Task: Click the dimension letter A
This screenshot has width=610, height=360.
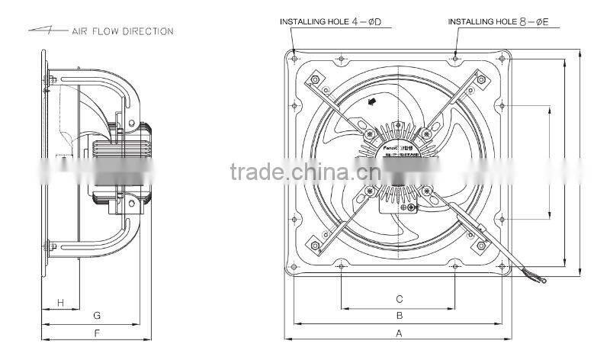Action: tap(398, 333)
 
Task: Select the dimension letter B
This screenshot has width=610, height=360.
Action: tap(398, 315)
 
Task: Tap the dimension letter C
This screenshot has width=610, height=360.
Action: tap(398, 298)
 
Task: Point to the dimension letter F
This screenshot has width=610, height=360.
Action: tap(96, 333)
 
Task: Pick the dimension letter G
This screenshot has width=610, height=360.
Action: tap(96, 315)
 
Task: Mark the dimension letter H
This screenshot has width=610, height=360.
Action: tap(59, 303)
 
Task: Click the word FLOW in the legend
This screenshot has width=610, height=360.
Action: tap(106, 31)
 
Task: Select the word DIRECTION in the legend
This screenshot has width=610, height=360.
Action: tap(148, 31)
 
